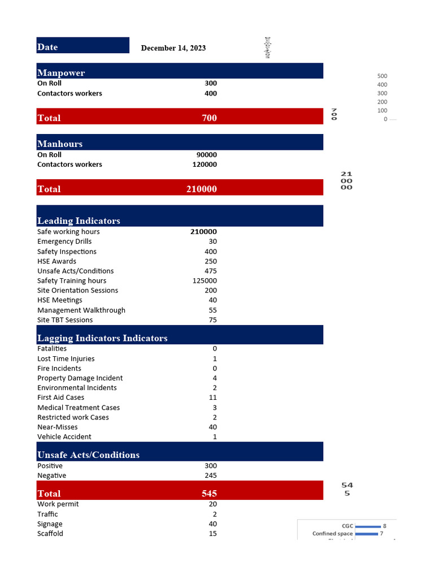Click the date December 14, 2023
click(173, 48)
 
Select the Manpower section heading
click(61, 73)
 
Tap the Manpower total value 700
click(209, 118)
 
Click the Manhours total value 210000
click(201, 189)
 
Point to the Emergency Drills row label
click(64, 241)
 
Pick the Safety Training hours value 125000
click(205, 280)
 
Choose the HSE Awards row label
click(57, 261)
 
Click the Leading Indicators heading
click(79, 221)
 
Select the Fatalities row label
click(52, 348)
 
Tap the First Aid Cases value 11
click(212, 397)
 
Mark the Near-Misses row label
click(58, 427)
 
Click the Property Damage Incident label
click(80, 378)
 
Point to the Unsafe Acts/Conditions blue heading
click(88, 455)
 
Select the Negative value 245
click(210, 476)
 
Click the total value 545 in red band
click(209, 493)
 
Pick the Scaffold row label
click(50, 533)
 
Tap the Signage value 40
click(212, 524)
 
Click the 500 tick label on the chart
click(382, 76)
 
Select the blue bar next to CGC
click(367, 526)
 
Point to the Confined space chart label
click(332, 534)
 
